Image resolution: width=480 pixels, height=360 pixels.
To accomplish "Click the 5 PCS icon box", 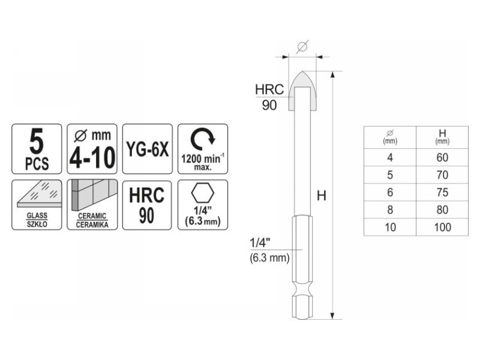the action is (37, 149).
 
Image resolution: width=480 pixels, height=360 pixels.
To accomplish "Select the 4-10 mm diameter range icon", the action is (92, 149).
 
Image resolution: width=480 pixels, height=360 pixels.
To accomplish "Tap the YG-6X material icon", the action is (148, 149).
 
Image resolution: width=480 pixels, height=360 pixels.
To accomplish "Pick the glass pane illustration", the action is (39, 194).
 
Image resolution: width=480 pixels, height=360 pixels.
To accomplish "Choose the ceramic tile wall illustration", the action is (94, 195).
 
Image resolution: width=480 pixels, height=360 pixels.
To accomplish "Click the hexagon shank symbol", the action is (203, 194).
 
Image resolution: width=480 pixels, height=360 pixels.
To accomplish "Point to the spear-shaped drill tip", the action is (302, 91).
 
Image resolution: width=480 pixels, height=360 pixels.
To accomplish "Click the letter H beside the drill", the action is (322, 196).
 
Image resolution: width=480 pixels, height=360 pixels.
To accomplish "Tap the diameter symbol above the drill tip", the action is (302, 47).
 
